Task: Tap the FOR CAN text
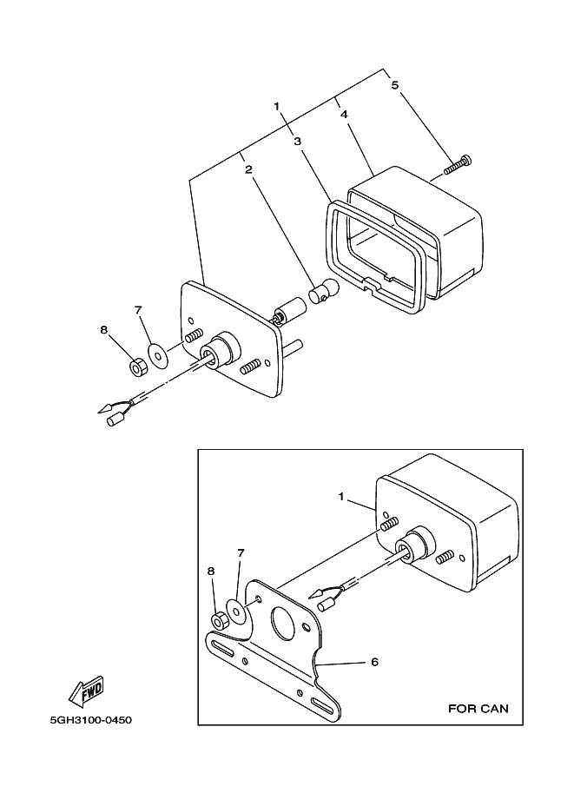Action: pos(478,708)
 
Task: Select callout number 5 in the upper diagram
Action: pos(395,85)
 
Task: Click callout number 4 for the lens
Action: pos(345,115)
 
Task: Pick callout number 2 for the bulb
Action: pos(248,170)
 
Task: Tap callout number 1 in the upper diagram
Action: pos(277,107)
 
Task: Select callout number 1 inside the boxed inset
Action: pos(342,498)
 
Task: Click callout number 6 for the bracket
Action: pos(374,662)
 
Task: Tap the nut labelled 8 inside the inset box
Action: pos(220,620)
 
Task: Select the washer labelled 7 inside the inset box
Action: pos(235,608)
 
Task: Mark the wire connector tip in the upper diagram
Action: pos(112,422)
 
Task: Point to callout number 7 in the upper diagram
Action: pos(137,310)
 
